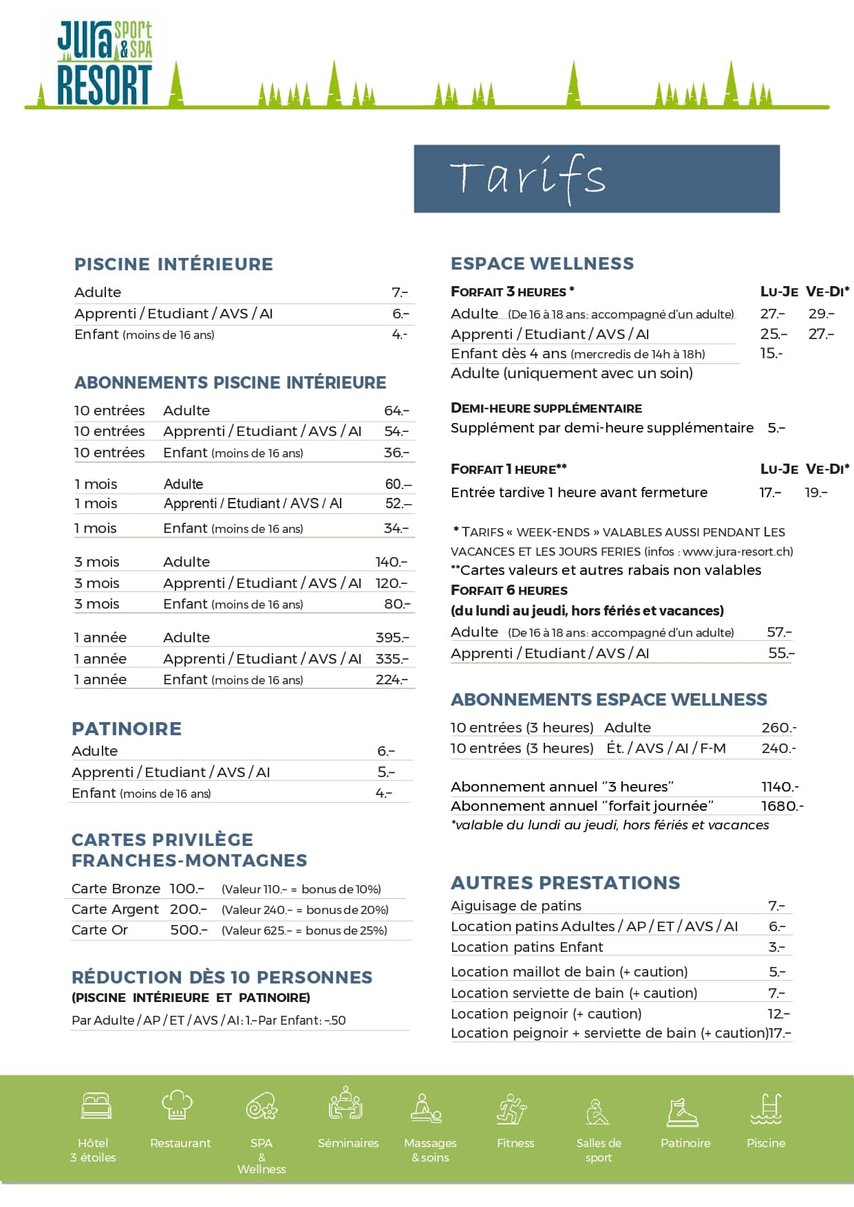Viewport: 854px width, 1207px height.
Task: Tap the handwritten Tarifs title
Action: (528, 177)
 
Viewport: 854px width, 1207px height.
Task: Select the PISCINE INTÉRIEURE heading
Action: (173, 264)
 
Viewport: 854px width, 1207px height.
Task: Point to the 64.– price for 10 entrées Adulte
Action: (396, 411)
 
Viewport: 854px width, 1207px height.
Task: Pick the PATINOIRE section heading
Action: (127, 729)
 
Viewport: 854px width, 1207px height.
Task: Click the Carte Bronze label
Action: (116, 889)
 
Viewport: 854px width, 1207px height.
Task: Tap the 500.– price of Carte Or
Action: (189, 930)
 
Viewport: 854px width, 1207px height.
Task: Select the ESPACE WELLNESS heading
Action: (542, 263)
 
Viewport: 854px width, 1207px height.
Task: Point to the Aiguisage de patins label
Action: (516, 906)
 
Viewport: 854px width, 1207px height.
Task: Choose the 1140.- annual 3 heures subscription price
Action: (780, 787)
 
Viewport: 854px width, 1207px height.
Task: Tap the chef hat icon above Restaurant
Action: (178, 1105)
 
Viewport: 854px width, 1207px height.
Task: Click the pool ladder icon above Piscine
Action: (766, 1107)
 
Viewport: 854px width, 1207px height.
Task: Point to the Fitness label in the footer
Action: (515, 1143)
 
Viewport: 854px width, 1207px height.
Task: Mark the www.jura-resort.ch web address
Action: (738, 552)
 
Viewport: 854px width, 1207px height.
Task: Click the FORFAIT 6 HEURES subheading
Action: (509, 591)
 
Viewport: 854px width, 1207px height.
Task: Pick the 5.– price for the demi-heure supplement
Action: (776, 428)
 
